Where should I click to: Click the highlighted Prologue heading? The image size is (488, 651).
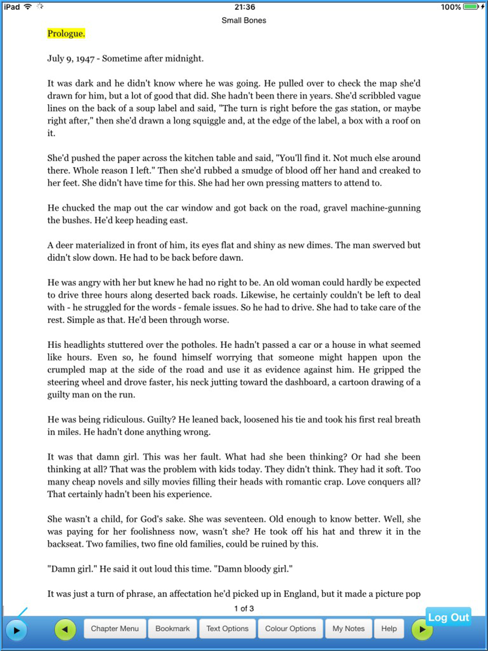[x=66, y=33]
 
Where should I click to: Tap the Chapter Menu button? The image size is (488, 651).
[x=115, y=629]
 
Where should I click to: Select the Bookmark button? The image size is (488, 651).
[x=172, y=629]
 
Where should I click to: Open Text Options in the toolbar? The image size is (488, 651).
[x=227, y=629]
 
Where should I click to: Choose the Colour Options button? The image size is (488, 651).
[x=290, y=629]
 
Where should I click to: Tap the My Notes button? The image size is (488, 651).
[x=348, y=629]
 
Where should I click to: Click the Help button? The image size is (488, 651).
[x=389, y=629]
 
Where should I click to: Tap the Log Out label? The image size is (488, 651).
[x=448, y=617]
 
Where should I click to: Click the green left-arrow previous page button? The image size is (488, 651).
[x=65, y=629]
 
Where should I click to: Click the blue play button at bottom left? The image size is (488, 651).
[x=16, y=630]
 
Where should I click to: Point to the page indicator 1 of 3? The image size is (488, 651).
[x=244, y=609]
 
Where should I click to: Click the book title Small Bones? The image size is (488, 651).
[x=244, y=20]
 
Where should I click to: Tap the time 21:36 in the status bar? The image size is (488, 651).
[x=244, y=7]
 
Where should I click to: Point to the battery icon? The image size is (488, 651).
[x=471, y=7]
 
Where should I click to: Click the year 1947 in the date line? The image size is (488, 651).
[x=85, y=59]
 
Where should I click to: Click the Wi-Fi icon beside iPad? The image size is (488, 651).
[x=28, y=7]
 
